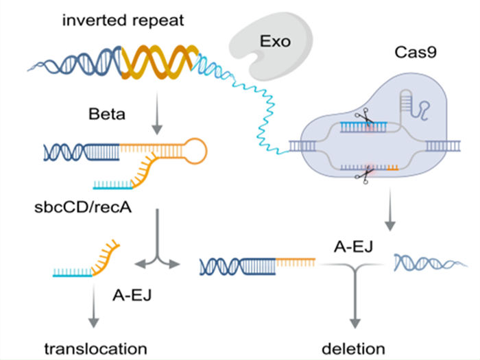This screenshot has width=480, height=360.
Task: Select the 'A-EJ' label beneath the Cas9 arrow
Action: tap(353, 247)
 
